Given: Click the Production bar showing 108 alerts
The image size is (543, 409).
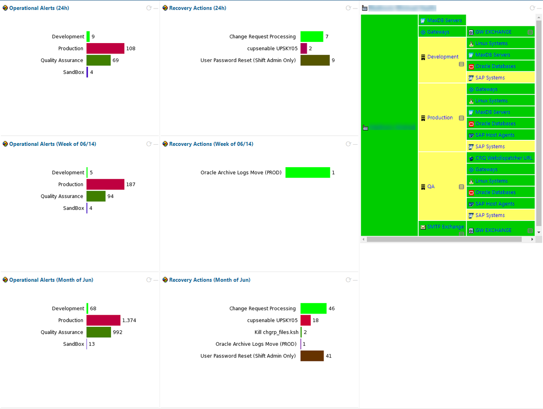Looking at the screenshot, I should pos(105,48).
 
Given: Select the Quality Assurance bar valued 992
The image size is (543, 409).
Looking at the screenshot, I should pos(99,332).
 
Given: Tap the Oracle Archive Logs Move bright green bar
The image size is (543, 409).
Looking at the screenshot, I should pos(308,172).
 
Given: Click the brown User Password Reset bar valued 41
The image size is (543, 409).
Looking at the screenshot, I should pos(312,356).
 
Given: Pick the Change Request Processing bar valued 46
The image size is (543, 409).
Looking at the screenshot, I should pos(314,308).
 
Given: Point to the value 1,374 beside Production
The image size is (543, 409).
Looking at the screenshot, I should pos(129,320).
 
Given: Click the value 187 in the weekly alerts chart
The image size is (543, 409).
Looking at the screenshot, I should pos(131,185).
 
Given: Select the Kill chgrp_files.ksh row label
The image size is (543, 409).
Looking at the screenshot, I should pos(277,332).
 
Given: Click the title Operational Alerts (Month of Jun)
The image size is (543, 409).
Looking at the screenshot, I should pos(51,280).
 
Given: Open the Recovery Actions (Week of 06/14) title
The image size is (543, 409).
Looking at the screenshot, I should pos(211,144).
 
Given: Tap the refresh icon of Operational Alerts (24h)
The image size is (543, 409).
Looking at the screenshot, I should pos(149,8).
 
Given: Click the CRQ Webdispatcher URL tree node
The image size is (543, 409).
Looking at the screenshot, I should pos(504,158).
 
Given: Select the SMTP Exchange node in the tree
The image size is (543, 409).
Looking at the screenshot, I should pos(445,227).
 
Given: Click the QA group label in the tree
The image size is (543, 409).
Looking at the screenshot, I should pos(431,187).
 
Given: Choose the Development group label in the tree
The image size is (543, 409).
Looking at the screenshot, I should pos(443,57).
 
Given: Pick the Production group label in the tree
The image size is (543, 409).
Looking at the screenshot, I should pos(440,118).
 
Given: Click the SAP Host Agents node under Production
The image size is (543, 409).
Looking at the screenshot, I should pos(495,135).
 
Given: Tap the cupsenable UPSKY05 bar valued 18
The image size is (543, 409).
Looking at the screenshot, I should pos(306,320).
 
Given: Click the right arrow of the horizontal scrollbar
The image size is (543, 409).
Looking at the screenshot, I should pos(532,239).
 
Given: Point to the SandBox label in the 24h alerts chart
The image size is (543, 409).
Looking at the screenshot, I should pos(74,72).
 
